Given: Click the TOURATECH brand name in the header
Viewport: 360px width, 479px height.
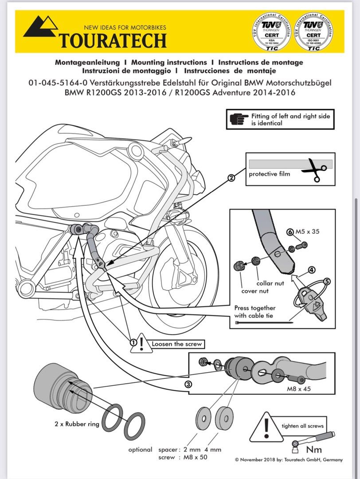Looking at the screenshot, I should [x=113, y=40].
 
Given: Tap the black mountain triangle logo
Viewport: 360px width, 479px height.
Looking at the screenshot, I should [x=41, y=28].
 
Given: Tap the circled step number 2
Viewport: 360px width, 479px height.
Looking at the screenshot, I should [x=231, y=178].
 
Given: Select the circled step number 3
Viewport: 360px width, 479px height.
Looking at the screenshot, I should [x=188, y=385].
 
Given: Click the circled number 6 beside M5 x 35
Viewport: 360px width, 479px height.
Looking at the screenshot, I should [x=290, y=232].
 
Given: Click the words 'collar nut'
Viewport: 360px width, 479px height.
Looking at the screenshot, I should [x=270, y=283].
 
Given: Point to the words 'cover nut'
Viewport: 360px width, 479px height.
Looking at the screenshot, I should [x=254, y=291].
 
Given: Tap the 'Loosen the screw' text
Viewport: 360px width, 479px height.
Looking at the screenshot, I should [x=171, y=343].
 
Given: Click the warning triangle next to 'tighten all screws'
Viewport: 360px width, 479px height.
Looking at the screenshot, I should [x=266, y=427].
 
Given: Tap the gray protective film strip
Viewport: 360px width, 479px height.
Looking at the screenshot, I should [x=290, y=164].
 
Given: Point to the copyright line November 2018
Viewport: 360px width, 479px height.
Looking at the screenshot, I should [x=289, y=460].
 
